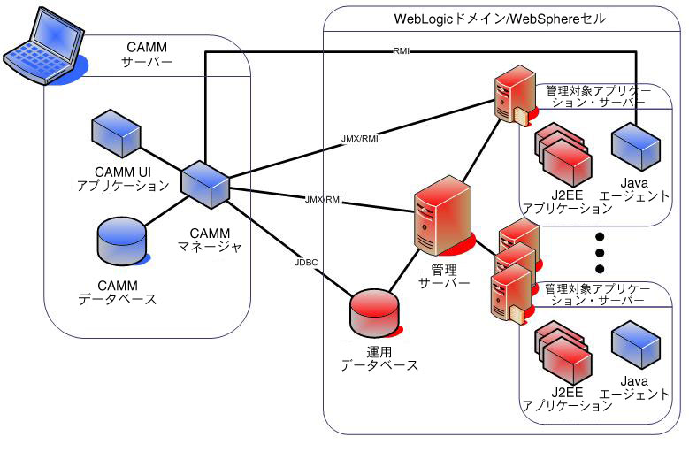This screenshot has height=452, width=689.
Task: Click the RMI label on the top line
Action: point(400,52)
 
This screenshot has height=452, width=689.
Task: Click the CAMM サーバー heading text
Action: point(146,55)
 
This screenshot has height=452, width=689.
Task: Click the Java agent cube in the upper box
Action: point(635,141)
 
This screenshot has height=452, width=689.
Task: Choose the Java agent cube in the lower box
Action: point(635,344)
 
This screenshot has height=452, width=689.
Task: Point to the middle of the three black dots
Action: point(600,253)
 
